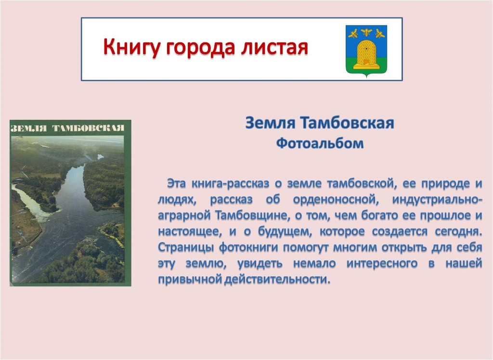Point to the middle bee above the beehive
pos(366,32)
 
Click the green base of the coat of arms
pos(366,66)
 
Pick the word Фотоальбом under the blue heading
pos(320,144)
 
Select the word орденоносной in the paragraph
pos(335,200)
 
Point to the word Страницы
pos(186,247)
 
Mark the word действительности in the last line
pos(277,280)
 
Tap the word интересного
pos(382,263)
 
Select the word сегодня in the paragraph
pos(458,231)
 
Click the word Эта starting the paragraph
pos(176,183)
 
